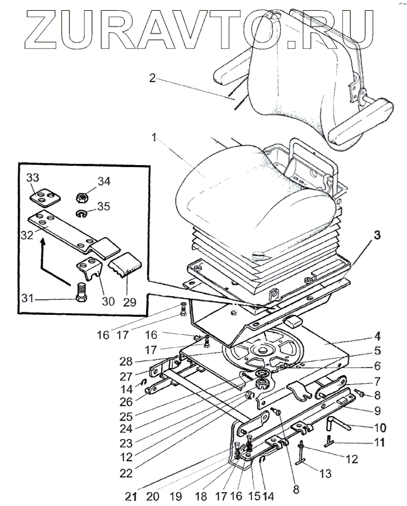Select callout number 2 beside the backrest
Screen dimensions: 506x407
(x=152, y=78)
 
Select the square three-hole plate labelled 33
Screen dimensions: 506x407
(x=43, y=198)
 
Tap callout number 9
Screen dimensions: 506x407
(x=377, y=410)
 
